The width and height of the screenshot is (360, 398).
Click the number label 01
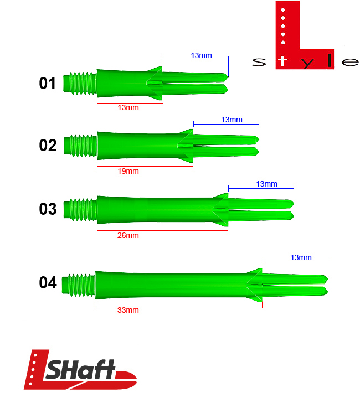tap(48, 84)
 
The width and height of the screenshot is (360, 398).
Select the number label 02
tap(48, 146)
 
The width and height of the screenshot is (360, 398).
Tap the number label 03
tap(48, 209)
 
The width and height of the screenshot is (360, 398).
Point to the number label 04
tap(48, 283)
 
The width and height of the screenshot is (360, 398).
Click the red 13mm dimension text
tap(128, 107)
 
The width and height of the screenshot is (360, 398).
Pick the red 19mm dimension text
tap(128, 171)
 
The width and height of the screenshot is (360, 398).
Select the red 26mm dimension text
tap(128, 235)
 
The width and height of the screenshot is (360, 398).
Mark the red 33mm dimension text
tap(128, 310)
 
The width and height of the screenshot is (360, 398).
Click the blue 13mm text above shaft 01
tap(202, 55)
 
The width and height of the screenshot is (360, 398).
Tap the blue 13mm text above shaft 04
tap(301, 257)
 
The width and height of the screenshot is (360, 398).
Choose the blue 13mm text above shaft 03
tap(266, 184)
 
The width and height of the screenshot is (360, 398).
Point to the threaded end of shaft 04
tap(79, 283)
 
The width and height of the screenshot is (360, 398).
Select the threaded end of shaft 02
tap(81, 145)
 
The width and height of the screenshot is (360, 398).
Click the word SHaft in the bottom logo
tap(80, 371)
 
